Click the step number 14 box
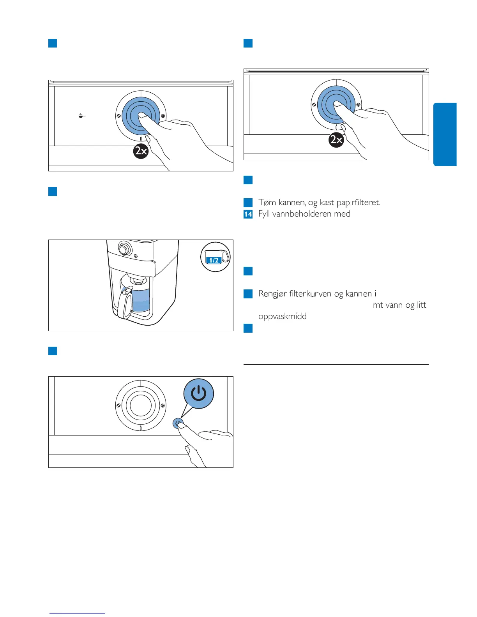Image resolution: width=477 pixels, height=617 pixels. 248,214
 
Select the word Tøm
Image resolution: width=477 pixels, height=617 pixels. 267,202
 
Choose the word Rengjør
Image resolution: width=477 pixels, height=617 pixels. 272,294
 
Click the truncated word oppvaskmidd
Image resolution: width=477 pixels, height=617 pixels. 283,316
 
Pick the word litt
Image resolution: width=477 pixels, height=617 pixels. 421,305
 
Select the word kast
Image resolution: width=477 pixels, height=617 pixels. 328,202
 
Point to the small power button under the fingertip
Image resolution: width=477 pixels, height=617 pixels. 178,423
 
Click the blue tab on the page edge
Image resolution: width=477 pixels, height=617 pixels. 445,134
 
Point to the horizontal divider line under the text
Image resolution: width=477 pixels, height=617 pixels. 336,365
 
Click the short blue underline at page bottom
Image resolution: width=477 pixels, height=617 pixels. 77,614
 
